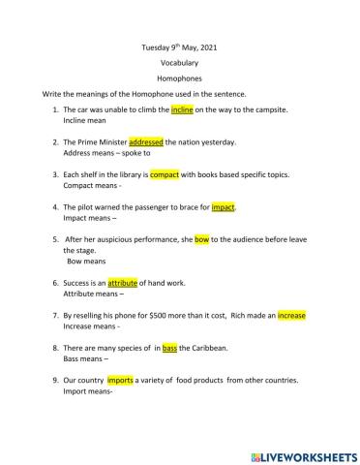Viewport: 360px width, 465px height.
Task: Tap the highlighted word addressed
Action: [146, 142]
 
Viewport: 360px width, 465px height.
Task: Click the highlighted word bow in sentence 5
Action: [201, 239]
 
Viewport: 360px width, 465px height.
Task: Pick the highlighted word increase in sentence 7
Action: [293, 316]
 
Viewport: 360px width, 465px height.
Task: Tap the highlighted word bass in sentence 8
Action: [169, 348]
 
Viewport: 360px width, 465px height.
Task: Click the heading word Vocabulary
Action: [179, 61]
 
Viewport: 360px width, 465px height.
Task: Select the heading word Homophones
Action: [179, 77]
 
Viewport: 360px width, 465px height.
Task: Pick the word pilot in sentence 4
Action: [86, 207]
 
